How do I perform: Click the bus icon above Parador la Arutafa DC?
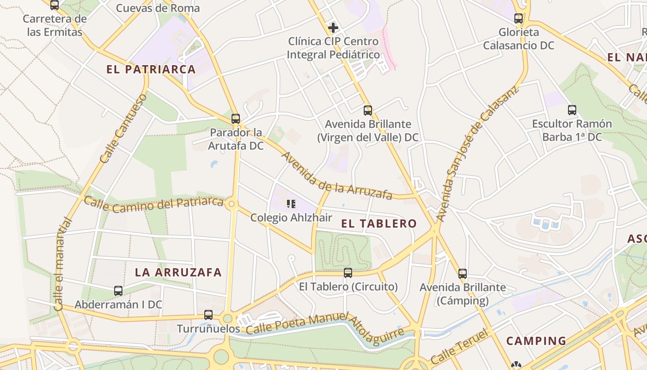(x=236, y=119)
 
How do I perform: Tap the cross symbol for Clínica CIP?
(x=333, y=28)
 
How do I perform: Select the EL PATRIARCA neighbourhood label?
(x=151, y=69)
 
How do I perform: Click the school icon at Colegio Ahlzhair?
(x=291, y=204)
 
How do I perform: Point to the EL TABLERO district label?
(x=379, y=224)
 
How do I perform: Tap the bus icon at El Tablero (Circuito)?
(x=348, y=273)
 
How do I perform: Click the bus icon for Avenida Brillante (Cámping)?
(x=463, y=274)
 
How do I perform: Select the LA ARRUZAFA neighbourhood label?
(x=178, y=272)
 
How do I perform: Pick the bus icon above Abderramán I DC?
(x=118, y=291)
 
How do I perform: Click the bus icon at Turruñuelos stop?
(x=208, y=315)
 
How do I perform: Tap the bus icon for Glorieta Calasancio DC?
(x=519, y=18)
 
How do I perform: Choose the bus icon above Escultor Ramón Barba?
(x=572, y=110)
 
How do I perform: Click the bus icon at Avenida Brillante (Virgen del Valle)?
(x=368, y=111)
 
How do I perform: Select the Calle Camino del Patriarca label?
(x=153, y=204)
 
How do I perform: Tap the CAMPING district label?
(x=536, y=341)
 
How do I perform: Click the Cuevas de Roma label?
(x=158, y=8)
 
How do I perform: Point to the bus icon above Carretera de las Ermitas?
(x=55, y=5)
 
